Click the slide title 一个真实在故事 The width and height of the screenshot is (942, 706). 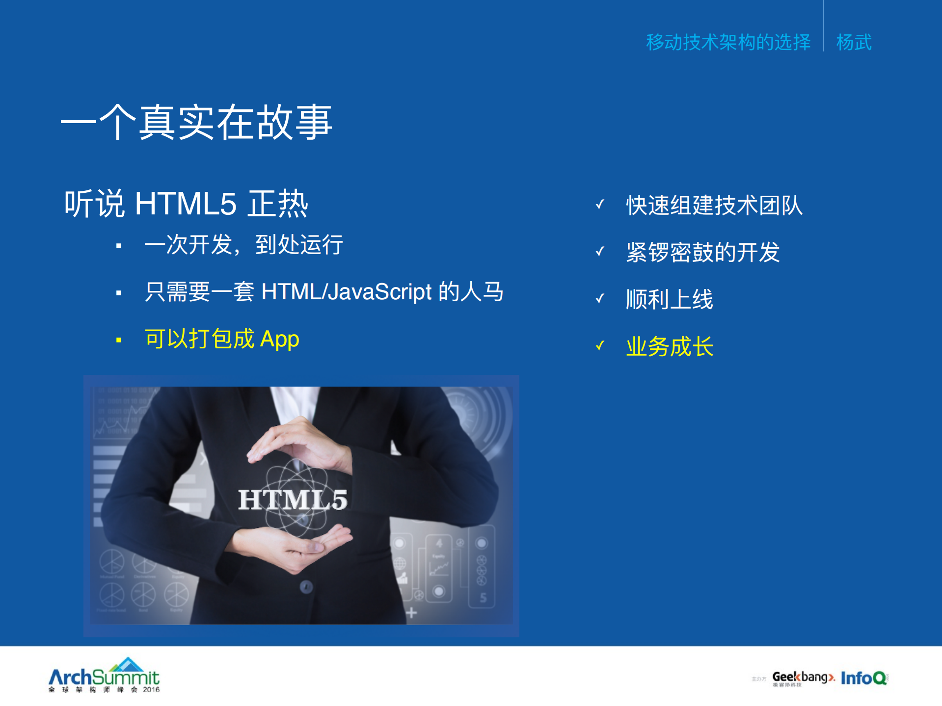[x=196, y=123]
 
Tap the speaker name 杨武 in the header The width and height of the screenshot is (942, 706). [x=854, y=42]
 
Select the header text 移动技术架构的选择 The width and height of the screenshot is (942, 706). [x=728, y=42]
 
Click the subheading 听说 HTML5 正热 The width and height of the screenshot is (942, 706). [x=186, y=204]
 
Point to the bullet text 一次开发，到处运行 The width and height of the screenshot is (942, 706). [x=243, y=244]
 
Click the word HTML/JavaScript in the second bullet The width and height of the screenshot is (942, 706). [x=347, y=292]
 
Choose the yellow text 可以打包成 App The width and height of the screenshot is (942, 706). [x=222, y=339]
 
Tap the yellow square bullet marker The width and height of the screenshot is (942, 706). [x=119, y=340]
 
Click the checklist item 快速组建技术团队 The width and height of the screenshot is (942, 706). [x=714, y=205]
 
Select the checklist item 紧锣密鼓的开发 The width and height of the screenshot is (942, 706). [x=703, y=252]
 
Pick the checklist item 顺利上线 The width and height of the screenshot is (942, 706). [x=670, y=299]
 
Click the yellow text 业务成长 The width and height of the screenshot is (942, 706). [x=670, y=346]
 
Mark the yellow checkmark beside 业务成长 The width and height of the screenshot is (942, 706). [x=600, y=346]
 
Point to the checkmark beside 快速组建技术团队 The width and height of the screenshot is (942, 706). [x=600, y=204]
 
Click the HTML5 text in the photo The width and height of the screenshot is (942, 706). [x=293, y=499]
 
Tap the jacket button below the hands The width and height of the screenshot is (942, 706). [x=306, y=586]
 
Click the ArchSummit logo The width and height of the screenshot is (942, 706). [x=104, y=676]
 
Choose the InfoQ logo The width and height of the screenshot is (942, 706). [x=863, y=678]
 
